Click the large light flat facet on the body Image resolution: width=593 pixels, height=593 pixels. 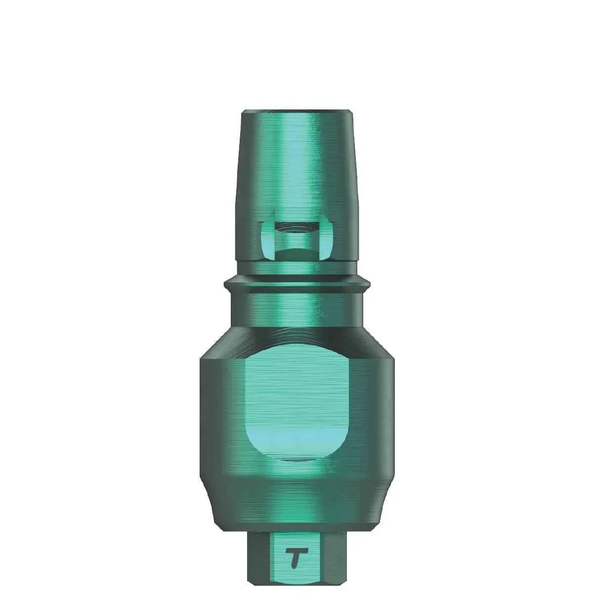295,390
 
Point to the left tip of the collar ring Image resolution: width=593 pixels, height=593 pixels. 226,285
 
